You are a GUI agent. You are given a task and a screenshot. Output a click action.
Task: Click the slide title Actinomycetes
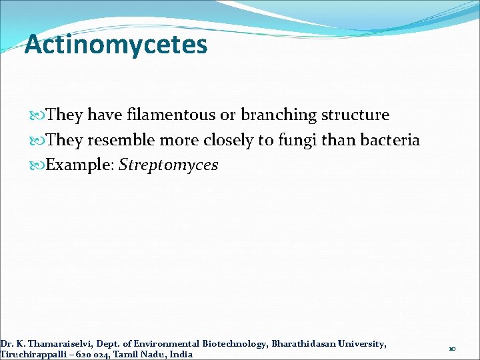coord(116,45)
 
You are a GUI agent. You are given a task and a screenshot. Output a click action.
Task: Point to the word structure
coord(355,115)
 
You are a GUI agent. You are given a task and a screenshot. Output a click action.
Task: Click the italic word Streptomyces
coord(168,165)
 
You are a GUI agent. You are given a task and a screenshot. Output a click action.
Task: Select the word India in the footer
coord(181,354)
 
